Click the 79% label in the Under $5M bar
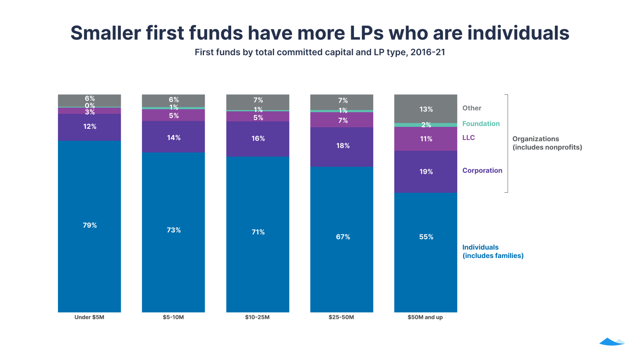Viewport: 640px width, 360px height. [90, 225]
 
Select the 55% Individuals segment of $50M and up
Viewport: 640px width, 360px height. [426, 252]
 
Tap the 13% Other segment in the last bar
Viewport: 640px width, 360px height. [426, 109]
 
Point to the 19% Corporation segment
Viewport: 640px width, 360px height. [426, 172]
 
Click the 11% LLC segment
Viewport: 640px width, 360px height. [426, 139]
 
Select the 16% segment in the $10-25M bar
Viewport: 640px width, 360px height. [258, 139]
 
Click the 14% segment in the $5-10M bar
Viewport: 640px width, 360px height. [174, 137]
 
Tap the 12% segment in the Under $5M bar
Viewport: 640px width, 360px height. [90, 127]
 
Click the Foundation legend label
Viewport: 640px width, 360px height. [481, 124]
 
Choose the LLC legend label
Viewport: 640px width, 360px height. [468, 138]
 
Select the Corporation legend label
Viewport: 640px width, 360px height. [482, 170]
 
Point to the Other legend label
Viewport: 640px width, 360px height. [472, 108]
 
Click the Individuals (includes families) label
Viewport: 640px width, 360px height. [492, 252]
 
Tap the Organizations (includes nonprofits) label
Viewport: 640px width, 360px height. [547, 143]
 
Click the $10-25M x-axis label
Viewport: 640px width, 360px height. [257, 317]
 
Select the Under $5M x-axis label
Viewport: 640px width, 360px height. [89, 317]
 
